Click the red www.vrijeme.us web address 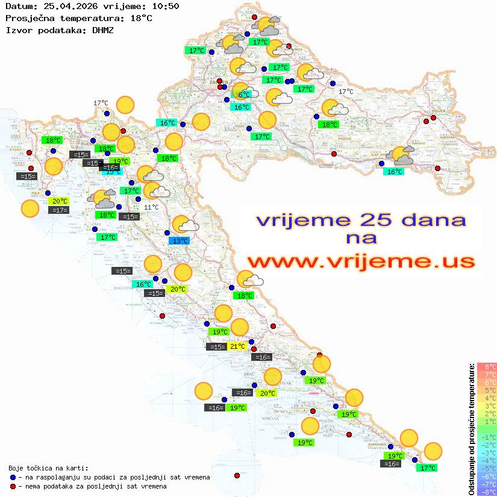pyautogui.click(x=361, y=261)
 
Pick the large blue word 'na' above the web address pyautogui.click(x=361, y=239)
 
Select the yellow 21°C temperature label pyautogui.click(x=237, y=346)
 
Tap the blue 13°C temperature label pyautogui.click(x=180, y=241)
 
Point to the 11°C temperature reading pyautogui.click(x=151, y=207)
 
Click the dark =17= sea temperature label pyautogui.click(x=60, y=210)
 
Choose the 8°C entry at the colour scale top pyautogui.click(x=487, y=367)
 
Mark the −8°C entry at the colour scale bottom pyautogui.click(x=487, y=492)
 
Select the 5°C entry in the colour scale pyautogui.click(x=487, y=390)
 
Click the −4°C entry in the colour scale pyautogui.click(x=487, y=461)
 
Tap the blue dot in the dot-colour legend pyautogui.click(x=13, y=477)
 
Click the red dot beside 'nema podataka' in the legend pyautogui.click(x=13, y=486)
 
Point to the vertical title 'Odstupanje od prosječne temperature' pyautogui.click(x=471, y=429)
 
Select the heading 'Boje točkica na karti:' pyautogui.click(x=48, y=468)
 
